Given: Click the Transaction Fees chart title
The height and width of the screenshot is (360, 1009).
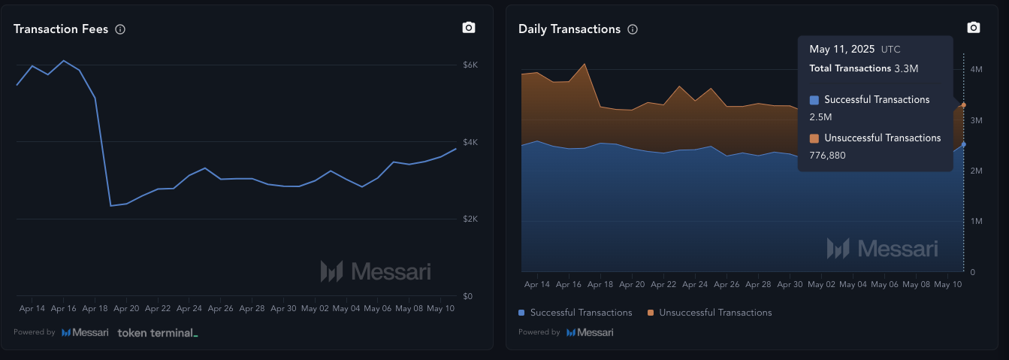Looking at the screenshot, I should (61, 29).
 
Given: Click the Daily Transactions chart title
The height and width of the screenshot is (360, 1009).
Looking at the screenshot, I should (569, 29).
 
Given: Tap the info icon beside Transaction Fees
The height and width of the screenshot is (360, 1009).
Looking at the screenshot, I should (120, 29).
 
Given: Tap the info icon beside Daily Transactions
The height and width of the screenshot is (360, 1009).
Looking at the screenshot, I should (633, 29).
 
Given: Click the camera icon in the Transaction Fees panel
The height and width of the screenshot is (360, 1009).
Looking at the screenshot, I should (469, 28).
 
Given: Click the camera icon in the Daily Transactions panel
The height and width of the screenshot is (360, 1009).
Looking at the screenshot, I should (974, 28).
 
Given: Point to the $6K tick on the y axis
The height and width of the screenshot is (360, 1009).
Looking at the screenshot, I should (470, 65).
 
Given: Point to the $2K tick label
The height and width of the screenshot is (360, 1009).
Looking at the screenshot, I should (470, 219).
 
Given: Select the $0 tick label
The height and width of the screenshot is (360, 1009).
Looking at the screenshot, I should (467, 296).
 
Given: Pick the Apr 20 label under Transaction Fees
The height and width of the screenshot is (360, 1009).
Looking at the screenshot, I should (126, 309).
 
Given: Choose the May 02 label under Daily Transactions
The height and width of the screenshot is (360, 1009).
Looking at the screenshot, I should (820, 285).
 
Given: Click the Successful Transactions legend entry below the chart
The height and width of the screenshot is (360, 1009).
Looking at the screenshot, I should (575, 313).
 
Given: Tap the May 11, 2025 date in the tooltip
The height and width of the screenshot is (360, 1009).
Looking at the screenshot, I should (841, 49).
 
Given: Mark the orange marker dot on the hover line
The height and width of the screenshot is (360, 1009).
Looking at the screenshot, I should (964, 105).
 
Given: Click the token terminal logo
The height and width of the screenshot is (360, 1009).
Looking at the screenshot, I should (158, 332).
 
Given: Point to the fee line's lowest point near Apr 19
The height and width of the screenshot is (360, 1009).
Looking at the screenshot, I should (110, 205).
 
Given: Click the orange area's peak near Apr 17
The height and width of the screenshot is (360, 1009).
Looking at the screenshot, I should (585, 64).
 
